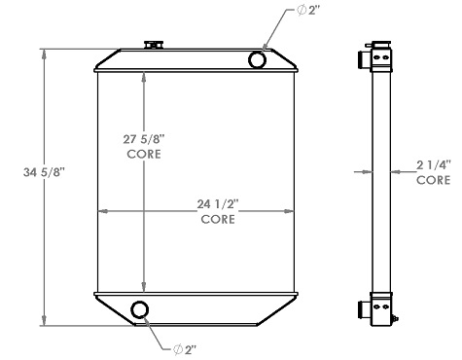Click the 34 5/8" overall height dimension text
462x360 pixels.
pos(44,173)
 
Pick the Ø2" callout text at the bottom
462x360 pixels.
pos(186,348)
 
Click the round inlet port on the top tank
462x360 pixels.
pos(258,60)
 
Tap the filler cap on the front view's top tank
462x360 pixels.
pos(153,45)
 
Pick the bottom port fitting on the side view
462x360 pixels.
pos(367,310)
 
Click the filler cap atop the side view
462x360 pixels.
pos(375,45)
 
